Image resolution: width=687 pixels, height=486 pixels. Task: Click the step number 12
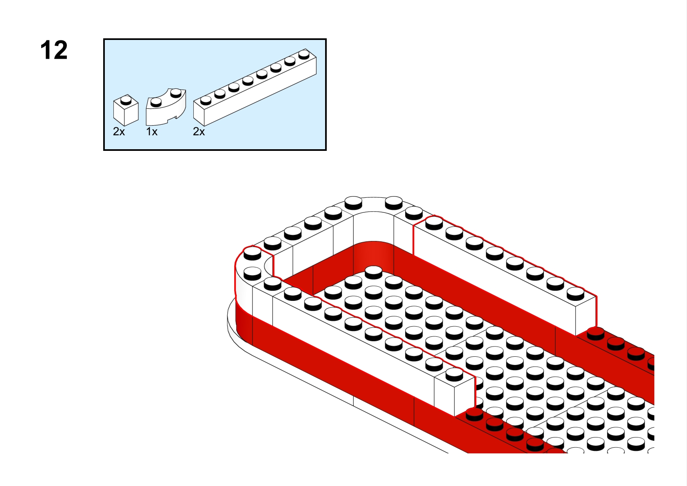click(x=54, y=50)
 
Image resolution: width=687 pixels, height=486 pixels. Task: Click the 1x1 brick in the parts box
click(x=126, y=110)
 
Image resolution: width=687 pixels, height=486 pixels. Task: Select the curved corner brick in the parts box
click(x=166, y=107)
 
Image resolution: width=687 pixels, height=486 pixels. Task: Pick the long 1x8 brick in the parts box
click(x=255, y=87)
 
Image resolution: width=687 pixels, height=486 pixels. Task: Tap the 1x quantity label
click(x=152, y=132)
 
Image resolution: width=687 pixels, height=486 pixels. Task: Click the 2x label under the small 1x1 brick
click(x=119, y=132)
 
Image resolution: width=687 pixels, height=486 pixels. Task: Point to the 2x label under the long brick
click(x=199, y=132)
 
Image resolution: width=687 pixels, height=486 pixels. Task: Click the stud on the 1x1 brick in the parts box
click(x=126, y=100)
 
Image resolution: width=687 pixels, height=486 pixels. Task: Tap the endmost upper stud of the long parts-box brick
click(x=304, y=54)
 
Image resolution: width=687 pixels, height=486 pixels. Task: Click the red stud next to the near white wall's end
click(x=474, y=414)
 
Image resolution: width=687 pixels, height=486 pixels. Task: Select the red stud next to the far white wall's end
click(x=596, y=334)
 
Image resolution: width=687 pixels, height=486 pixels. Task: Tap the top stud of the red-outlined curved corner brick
click(x=252, y=254)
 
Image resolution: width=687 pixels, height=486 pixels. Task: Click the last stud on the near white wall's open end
click(x=454, y=374)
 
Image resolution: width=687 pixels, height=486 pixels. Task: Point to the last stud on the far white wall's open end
click(x=575, y=294)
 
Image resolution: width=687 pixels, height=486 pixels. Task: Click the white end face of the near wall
click(x=465, y=396)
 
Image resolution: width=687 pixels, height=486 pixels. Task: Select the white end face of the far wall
click(x=586, y=316)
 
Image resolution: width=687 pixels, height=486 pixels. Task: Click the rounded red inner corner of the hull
click(x=373, y=257)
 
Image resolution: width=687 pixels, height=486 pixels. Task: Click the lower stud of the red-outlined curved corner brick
click(x=252, y=273)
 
